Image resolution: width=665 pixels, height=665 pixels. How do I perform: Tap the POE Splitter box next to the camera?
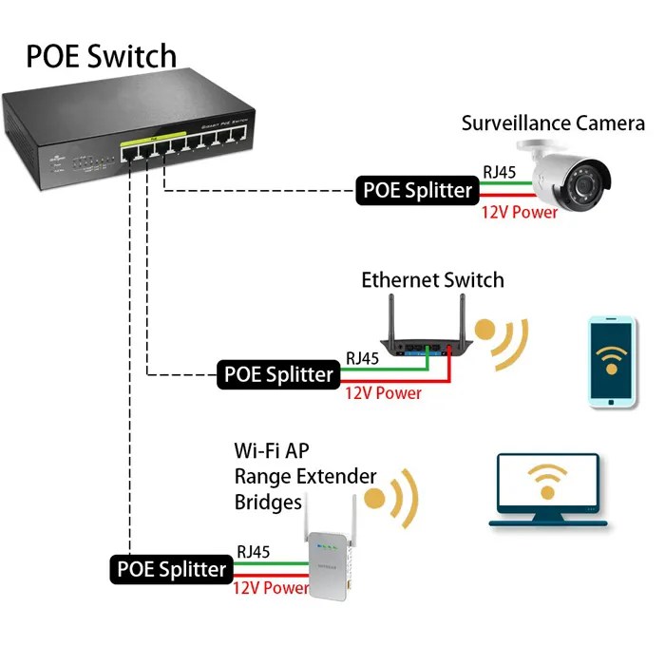pos(417,190)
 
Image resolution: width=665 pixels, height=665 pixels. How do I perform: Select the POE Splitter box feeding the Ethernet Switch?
pos(277,374)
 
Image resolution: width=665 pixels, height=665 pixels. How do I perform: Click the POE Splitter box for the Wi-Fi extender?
pos(171,569)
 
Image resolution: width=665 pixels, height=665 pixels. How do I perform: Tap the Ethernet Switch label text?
pos(432,280)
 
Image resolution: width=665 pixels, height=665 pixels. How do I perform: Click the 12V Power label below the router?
pos(383,393)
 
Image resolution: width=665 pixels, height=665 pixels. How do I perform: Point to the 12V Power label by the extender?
pos(271,588)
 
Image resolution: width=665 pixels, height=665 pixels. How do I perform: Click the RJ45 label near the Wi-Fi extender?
pos(255,550)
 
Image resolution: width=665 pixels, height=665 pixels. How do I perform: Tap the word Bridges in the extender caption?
pos(268,502)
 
